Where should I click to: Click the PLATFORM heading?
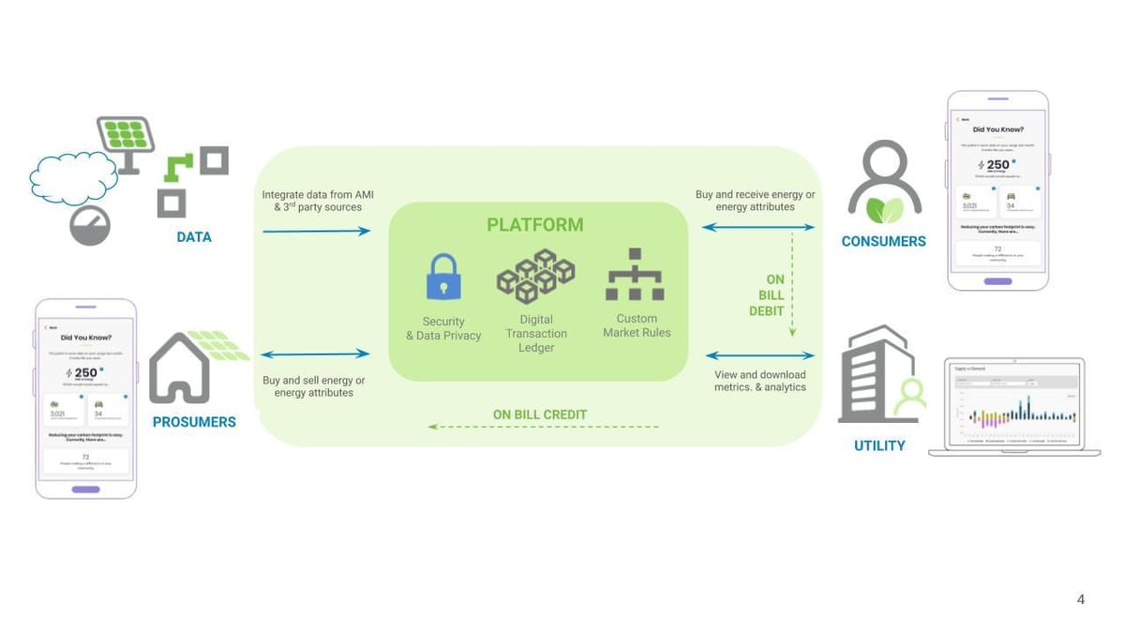(x=534, y=225)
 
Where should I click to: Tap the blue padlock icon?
(x=443, y=277)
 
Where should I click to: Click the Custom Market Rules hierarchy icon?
(x=635, y=275)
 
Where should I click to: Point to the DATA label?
(x=194, y=237)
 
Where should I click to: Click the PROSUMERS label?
(x=194, y=422)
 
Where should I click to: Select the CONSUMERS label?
(x=883, y=241)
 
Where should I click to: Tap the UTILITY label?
(x=878, y=445)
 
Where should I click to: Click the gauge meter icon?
(x=90, y=225)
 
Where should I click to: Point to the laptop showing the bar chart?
(x=1013, y=406)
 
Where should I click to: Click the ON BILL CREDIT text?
(x=540, y=414)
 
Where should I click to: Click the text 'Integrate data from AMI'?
(x=309, y=195)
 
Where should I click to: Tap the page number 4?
(x=1081, y=599)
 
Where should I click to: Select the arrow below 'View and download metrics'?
(x=759, y=355)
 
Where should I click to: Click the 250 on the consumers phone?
(x=997, y=165)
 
